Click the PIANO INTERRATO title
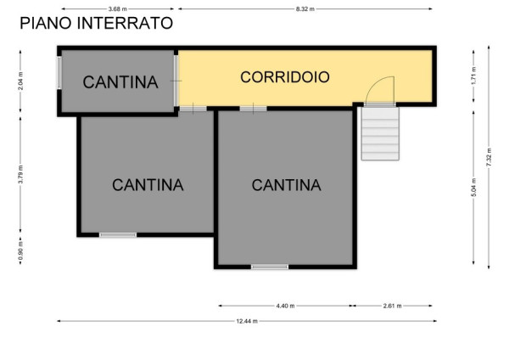(x=97, y=23)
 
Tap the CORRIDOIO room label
(x=285, y=77)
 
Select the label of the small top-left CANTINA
(x=120, y=82)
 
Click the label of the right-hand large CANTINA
(x=287, y=185)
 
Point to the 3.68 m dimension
(x=118, y=9)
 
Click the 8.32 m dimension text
(x=305, y=9)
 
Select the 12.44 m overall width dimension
(x=247, y=321)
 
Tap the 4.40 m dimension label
(x=285, y=306)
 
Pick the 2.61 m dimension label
(x=392, y=306)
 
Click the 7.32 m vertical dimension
(x=489, y=157)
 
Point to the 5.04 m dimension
(x=473, y=188)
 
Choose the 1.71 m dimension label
(x=473, y=76)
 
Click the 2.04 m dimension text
(x=20, y=82)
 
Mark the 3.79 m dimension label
(x=20, y=174)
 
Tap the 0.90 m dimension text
(x=20, y=251)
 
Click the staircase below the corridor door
(x=380, y=133)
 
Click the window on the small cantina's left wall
(x=59, y=73)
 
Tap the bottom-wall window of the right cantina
(x=270, y=267)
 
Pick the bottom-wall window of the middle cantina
(x=118, y=234)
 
